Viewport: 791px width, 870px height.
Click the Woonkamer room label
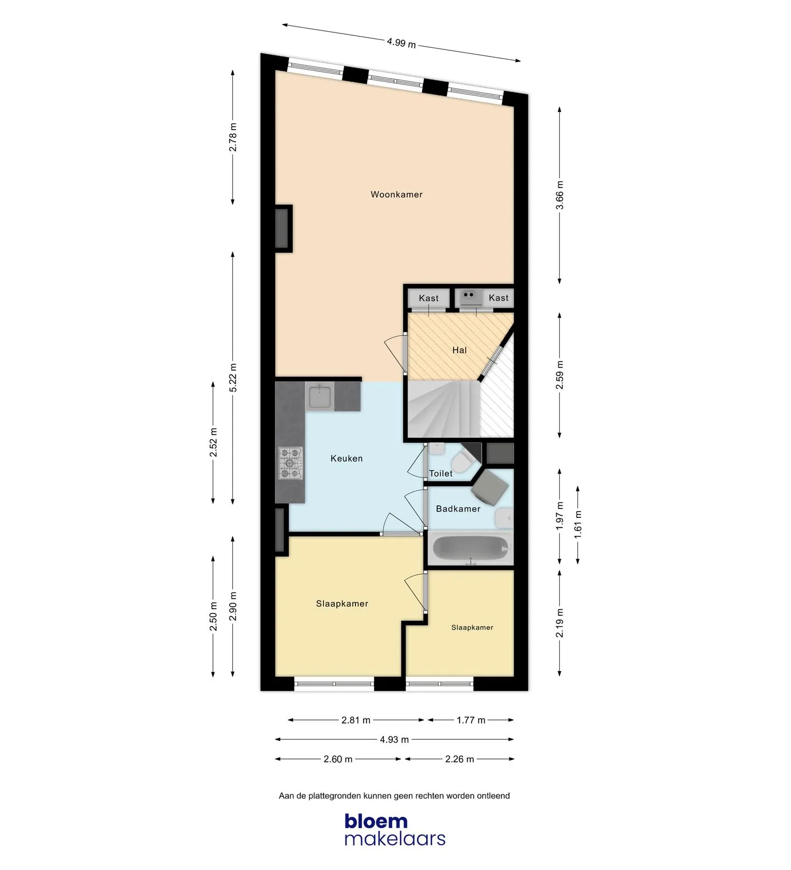coord(396,194)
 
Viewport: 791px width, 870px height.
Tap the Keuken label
coord(346,459)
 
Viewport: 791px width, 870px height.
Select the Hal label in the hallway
coord(459,350)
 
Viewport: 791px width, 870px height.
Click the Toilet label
coord(441,473)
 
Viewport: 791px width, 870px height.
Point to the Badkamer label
coord(458,509)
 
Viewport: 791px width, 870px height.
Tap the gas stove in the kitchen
coord(291,462)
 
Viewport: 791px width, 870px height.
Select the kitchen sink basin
coord(319,397)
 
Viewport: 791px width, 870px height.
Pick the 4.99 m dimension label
coord(401,42)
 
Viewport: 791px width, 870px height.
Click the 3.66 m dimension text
coord(559,195)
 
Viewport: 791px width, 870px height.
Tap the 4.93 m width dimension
coord(394,740)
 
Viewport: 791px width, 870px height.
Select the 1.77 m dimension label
coord(471,720)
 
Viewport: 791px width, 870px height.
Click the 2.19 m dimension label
coord(559,623)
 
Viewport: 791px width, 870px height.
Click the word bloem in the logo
coord(376,822)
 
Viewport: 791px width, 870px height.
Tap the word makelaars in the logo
coord(395,839)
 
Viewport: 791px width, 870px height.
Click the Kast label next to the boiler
coord(498,298)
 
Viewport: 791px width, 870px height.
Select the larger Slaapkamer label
coord(342,604)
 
